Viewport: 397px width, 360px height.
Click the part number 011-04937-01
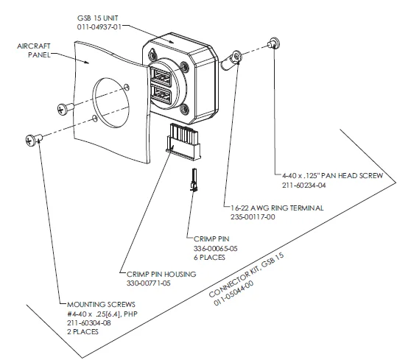99,27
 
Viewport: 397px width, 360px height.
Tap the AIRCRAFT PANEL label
34,50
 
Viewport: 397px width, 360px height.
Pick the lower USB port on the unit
161,95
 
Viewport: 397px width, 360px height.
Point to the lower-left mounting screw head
30,140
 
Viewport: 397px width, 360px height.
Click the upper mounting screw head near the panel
62,109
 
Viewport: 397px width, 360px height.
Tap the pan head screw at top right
274,43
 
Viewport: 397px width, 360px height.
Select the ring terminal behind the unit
231,60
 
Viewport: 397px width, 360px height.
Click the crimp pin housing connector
183,142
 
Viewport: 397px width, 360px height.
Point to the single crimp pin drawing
194,180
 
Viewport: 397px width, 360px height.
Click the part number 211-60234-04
303,186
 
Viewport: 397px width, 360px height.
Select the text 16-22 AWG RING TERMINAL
277,208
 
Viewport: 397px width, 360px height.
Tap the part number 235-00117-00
253,216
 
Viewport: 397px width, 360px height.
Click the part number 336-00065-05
216,248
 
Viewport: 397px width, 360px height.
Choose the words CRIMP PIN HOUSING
161,274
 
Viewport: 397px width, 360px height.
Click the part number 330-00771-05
149,283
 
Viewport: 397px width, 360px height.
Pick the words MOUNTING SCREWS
101,304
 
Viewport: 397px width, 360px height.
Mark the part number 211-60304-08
89,322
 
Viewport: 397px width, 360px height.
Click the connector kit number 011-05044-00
233,293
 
